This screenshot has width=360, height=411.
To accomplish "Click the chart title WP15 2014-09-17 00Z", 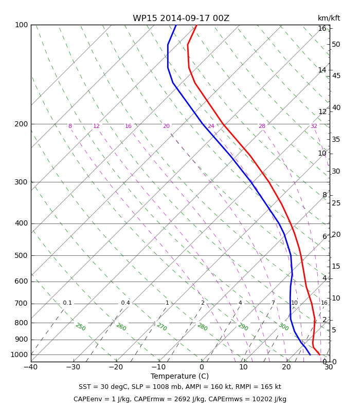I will (181, 18).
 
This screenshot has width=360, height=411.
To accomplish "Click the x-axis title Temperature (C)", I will (179, 376).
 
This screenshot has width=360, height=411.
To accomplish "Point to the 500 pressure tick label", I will (21, 255).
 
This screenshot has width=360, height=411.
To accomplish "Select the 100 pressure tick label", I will (21, 25).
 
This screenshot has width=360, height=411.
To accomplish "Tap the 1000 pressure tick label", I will (19, 354).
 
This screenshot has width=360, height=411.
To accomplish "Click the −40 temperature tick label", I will (30, 367).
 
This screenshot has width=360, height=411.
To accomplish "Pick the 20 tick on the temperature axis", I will (286, 367).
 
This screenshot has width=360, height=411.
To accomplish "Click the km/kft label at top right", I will (329, 18).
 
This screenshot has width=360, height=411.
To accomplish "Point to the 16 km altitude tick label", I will (322, 29).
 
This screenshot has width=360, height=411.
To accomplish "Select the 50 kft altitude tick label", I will (336, 45).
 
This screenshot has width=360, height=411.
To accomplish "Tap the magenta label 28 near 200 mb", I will (262, 126).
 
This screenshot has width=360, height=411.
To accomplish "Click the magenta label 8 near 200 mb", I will (70, 126).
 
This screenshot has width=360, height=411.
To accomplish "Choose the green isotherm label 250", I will (80, 327).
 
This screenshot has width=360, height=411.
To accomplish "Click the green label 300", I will (283, 327).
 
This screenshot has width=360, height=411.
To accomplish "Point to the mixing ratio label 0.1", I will (67, 303).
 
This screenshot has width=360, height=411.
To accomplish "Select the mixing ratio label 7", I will (273, 303).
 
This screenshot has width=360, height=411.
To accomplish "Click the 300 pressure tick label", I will (21, 182).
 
